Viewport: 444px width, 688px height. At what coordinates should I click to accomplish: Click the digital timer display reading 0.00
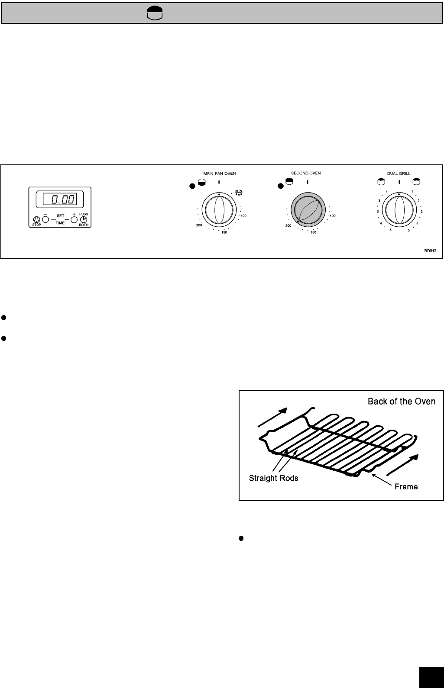pyautogui.click(x=60, y=199)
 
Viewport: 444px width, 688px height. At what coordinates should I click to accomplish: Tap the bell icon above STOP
pyautogui.click(x=36, y=219)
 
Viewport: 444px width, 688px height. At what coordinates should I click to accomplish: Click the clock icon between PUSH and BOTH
pyautogui.click(x=84, y=219)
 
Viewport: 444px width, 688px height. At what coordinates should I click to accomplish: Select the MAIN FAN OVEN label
pyautogui.click(x=220, y=174)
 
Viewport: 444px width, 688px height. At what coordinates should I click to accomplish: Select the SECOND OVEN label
pyautogui.click(x=306, y=173)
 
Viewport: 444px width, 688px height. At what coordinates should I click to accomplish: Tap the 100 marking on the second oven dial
pyautogui.click(x=332, y=215)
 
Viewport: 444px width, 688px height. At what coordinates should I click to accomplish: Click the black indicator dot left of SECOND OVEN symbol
pyautogui.click(x=280, y=186)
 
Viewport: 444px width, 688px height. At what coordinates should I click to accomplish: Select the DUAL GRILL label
pyautogui.click(x=399, y=174)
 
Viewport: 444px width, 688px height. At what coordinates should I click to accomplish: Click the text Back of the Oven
pyautogui.click(x=402, y=401)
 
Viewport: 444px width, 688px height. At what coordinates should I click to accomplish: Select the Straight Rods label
pyautogui.click(x=273, y=479)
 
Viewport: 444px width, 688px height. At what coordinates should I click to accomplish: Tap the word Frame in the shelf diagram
pyautogui.click(x=406, y=487)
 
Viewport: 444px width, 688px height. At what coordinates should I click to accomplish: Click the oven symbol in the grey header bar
pyautogui.click(x=155, y=13)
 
